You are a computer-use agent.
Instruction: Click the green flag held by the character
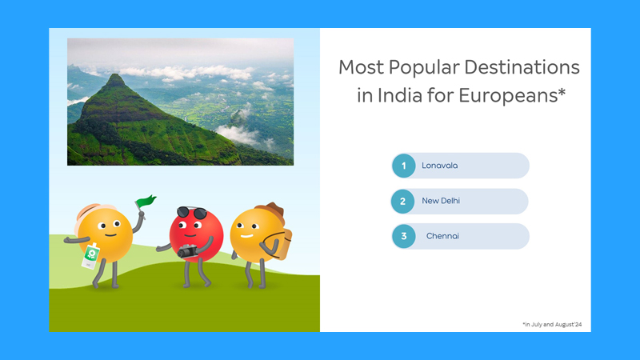coord(146,202)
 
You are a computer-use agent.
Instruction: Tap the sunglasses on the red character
coord(191,213)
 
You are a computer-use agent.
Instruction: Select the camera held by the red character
coord(188,251)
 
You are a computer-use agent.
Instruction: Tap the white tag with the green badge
coord(90,254)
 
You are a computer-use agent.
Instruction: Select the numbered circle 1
coord(404,166)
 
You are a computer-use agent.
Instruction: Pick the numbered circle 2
coord(403,202)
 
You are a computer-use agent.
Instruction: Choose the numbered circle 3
coord(404,236)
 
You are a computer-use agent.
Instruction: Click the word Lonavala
coord(439,166)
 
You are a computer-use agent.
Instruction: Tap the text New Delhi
coord(441,202)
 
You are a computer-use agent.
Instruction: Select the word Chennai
coord(442,236)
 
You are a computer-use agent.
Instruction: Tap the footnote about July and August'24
coord(553,324)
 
